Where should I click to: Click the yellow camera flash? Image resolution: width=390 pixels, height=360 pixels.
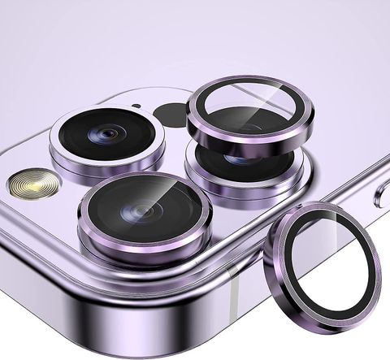pyautogui.click(x=32, y=184)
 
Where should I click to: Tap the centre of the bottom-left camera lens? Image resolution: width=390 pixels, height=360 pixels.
pyautogui.click(x=144, y=213)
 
